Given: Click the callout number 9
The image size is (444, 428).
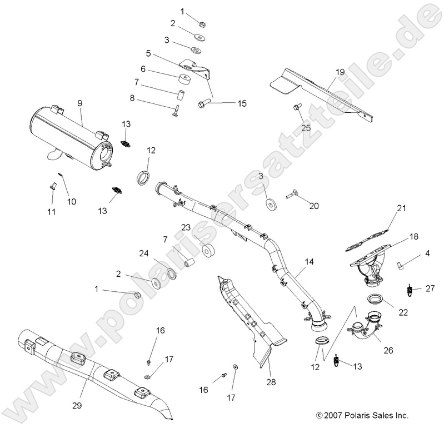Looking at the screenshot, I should [x=80, y=103].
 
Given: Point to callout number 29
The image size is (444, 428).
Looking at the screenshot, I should [x=77, y=405].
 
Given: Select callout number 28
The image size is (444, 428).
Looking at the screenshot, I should [x=271, y=382].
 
